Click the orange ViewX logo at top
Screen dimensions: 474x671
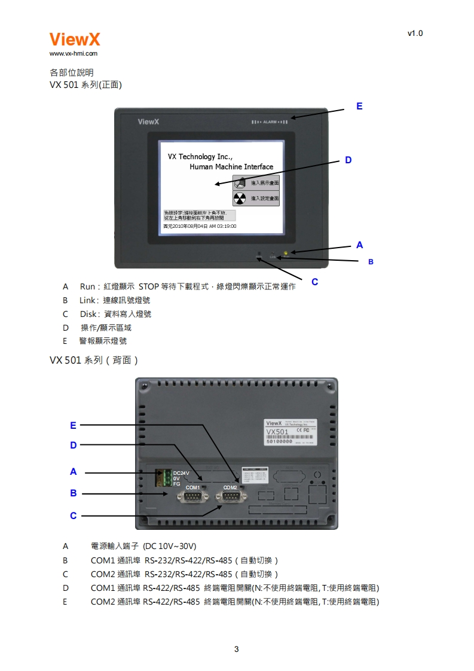pos(75,39)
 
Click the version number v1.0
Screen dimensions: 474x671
pos(415,33)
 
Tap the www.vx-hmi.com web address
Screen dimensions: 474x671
pos(73,53)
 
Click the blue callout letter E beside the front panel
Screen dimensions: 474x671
pos(359,106)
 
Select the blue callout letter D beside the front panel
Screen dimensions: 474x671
pos(348,160)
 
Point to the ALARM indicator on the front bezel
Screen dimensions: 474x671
pos(270,122)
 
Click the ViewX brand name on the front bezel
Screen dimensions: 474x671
pos(148,122)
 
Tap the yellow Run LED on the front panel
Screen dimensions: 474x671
pos(286,254)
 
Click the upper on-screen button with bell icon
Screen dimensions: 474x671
pos(256,182)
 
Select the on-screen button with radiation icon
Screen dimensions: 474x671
pos(256,198)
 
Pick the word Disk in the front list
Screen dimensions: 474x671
pos(88,314)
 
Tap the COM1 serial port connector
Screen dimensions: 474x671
pos(192,496)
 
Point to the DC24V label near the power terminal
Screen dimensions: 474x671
pos(181,472)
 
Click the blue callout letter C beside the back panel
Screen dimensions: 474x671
pos(73,516)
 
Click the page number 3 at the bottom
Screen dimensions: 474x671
pos(237,649)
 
